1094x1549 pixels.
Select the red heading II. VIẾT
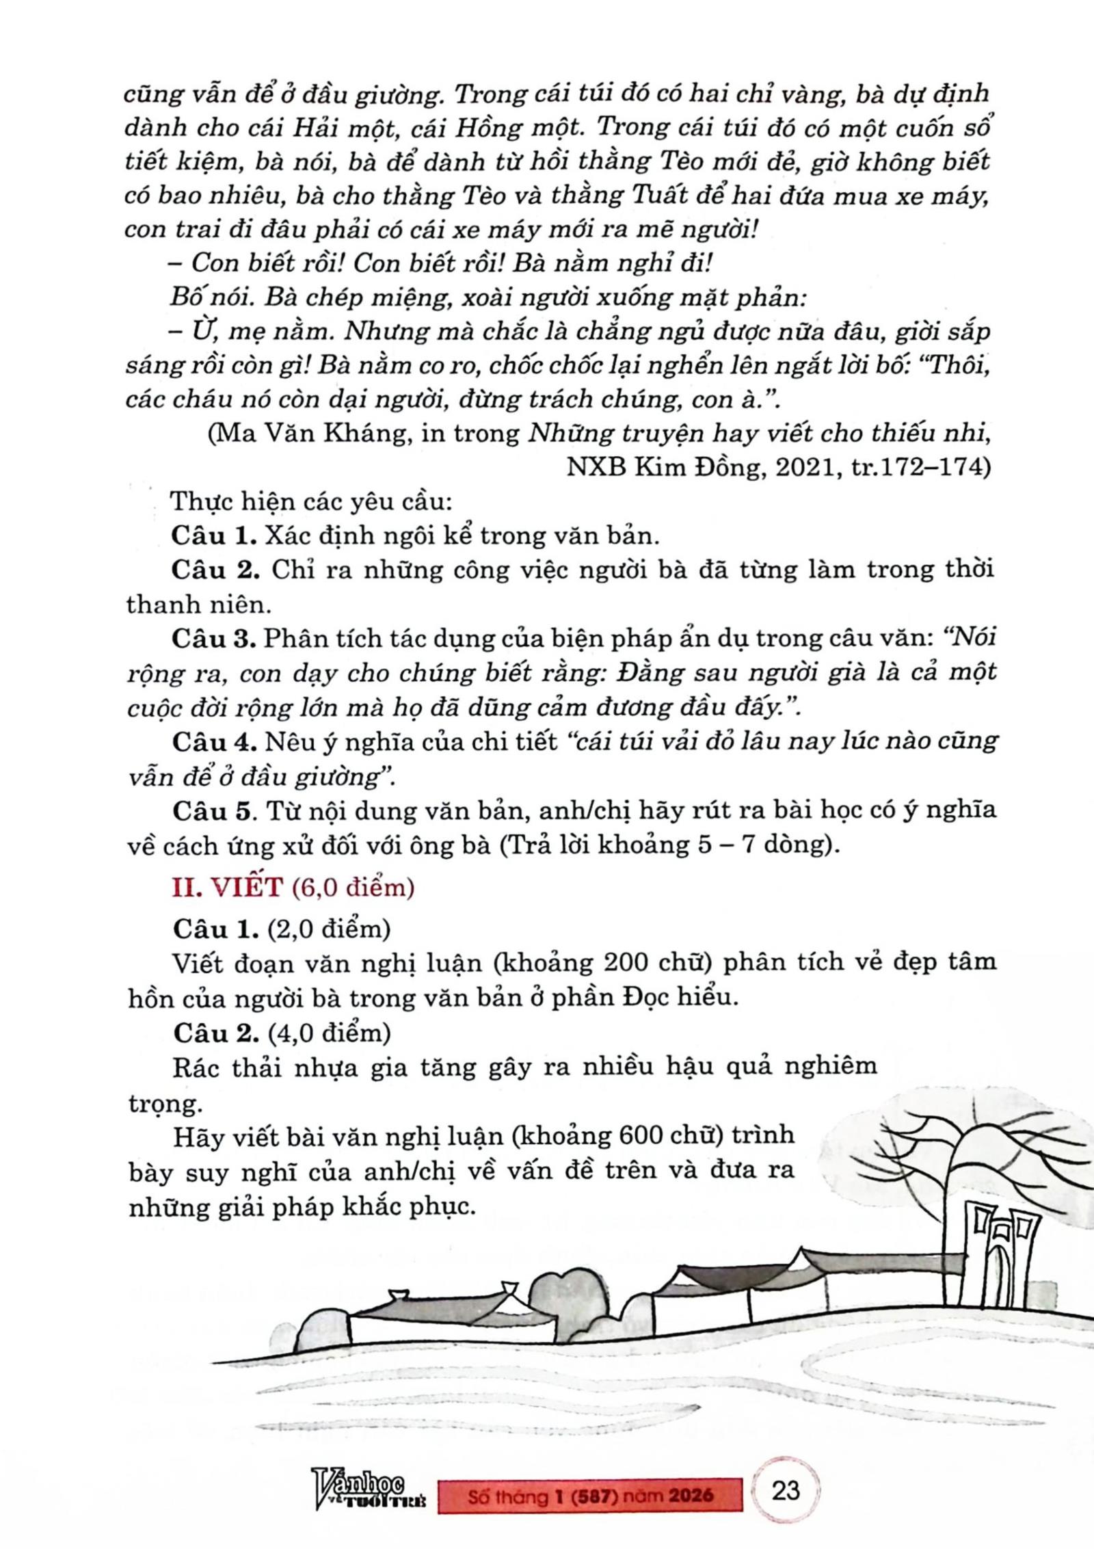pyautogui.click(x=227, y=887)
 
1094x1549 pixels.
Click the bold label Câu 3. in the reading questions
pyautogui.click(x=214, y=638)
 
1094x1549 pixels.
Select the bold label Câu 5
pyautogui.click(x=214, y=810)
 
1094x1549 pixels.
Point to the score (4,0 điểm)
pyautogui.click(x=329, y=1032)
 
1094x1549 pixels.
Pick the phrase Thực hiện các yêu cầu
pyautogui.click(x=311, y=501)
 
